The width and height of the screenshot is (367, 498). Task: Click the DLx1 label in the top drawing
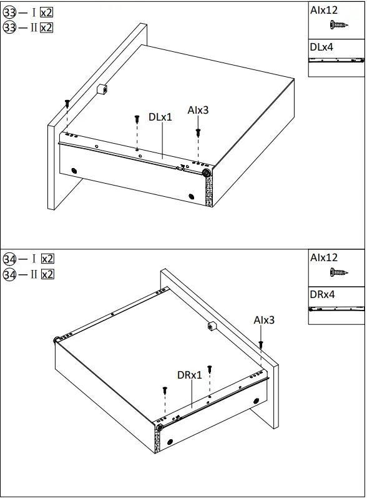coord(160,117)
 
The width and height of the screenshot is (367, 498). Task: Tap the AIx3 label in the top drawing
coord(198,111)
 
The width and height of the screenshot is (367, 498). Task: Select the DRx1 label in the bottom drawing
coord(190,375)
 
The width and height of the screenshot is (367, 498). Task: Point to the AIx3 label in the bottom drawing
coord(264,321)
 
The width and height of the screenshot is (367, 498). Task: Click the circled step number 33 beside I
coord(9,12)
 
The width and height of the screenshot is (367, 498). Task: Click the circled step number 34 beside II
coord(9,274)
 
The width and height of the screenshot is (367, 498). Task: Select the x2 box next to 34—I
coord(47,259)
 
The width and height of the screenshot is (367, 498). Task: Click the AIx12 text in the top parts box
coord(324,11)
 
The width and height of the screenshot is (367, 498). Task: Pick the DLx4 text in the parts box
coord(321,47)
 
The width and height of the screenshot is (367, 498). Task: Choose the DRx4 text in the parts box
coord(322,294)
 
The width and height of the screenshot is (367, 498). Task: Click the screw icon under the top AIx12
coord(338,26)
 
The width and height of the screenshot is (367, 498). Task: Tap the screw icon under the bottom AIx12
coord(338,272)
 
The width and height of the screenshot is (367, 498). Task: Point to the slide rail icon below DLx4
coord(336,60)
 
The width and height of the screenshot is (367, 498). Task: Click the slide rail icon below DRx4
coord(336,308)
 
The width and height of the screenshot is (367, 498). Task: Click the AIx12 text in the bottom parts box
coord(324,257)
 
